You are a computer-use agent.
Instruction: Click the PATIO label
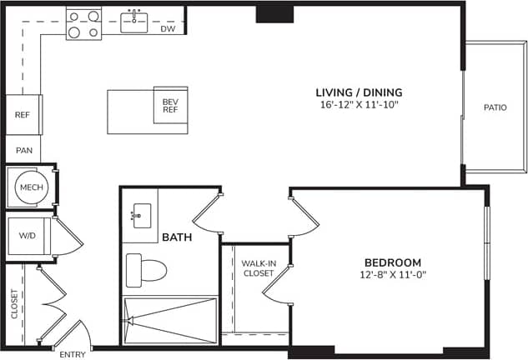tap(495, 107)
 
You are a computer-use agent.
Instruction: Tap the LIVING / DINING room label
tap(359, 92)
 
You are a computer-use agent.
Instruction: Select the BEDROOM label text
tap(392, 262)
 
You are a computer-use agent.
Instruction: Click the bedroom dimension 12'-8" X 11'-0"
tap(392, 275)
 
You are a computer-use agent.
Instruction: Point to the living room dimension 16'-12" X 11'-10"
tap(359, 105)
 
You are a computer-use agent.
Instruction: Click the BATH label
tap(178, 237)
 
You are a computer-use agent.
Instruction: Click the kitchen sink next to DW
tap(134, 21)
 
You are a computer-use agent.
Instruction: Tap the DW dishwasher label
tap(167, 28)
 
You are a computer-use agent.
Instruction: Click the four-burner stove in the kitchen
tap(83, 23)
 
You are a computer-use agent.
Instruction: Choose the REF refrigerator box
tap(23, 115)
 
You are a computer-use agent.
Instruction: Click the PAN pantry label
tap(23, 150)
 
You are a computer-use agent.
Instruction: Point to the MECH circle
tap(31, 187)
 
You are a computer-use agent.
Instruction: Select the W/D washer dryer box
tap(28, 236)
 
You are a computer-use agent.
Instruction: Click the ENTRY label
tap(73, 354)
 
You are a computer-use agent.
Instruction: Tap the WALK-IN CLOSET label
tap(258, 267)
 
